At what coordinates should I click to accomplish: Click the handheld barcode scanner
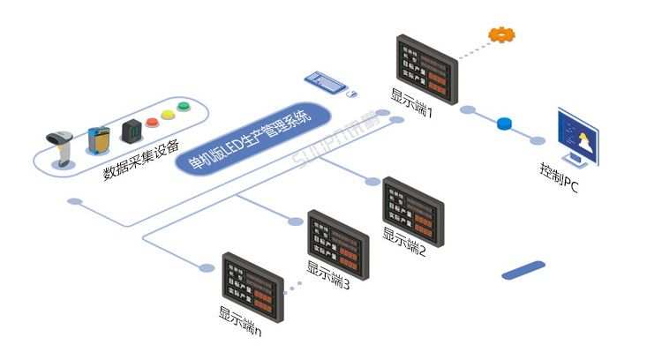click(62, 146)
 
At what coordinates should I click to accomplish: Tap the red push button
click(151, 121)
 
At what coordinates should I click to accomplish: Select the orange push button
click(167, 114)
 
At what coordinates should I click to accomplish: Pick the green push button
click(183, 108)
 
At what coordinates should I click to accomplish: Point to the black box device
click(131, 130)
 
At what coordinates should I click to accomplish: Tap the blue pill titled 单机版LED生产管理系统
click(253, 138)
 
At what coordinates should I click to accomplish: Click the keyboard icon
click(326, 81)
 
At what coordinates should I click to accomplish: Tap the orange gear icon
click(502, 35)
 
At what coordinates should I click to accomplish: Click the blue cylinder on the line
click(506, 124)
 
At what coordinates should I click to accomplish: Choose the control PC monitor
click(578, 137)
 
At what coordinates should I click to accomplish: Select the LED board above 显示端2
click(413, 209)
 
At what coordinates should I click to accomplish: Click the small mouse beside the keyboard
click(351, 93)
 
